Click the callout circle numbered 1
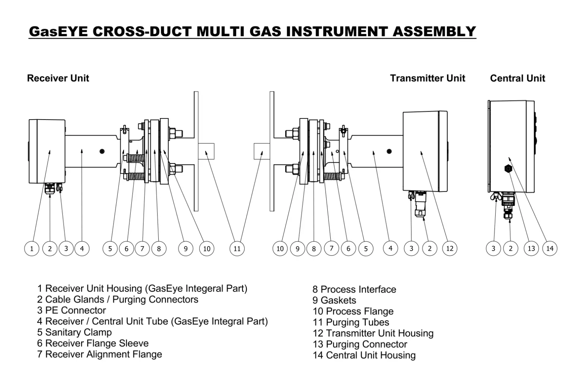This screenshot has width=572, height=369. click(x=32, y=249)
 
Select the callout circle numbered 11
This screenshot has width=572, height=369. click(x=237, y=249)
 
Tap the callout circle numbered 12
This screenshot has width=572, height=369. click(x=450, y=248)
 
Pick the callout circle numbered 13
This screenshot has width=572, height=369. click(x=531, y=248)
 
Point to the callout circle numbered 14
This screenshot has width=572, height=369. click(x=550, y=248)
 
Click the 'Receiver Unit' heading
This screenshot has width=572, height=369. click(x=58, y=78)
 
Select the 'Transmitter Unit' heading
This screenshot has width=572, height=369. click(x=428, y=78)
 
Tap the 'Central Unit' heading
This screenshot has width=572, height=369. click(x=517, y=78)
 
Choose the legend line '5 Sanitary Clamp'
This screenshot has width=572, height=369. click(x=74, y=332)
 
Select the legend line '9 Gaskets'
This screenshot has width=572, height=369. click(x=334, y=300)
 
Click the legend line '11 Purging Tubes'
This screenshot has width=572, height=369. click(x=351, y=322)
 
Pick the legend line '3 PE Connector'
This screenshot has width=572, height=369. click(x=71, y=310)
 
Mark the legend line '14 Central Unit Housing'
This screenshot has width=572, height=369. click(x=364, y=355)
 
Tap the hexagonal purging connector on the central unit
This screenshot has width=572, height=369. click(x=508, y=169)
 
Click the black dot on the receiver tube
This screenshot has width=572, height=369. click(x=102, y=151)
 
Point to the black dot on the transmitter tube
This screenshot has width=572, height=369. click(x=389, y=151)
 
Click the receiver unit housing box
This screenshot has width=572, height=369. click(x=47, y=151)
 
